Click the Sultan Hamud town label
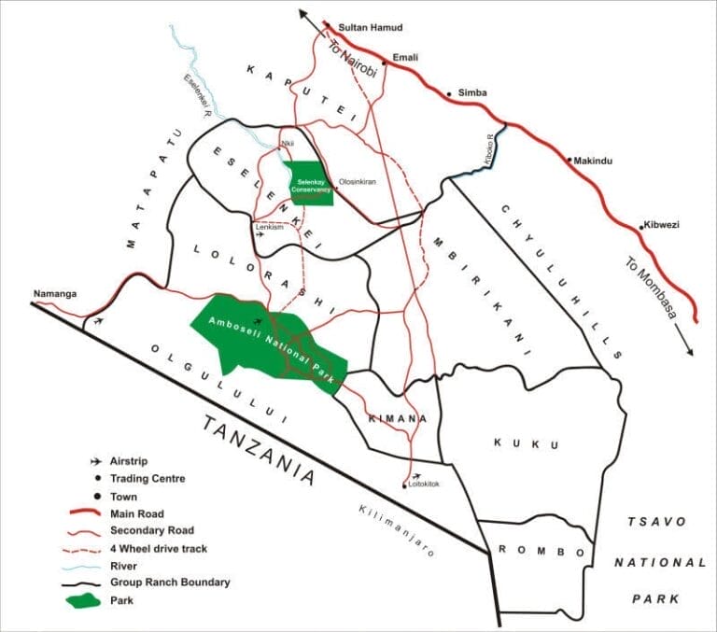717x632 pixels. click(x=367, y=28)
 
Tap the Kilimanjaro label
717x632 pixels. click(x=397, y=529)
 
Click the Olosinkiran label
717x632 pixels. click(x=357, y=182)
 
